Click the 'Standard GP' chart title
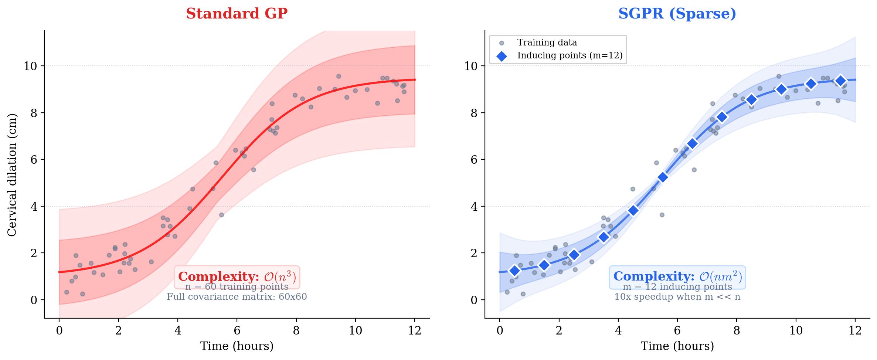coord(237,14)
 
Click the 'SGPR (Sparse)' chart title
coord(677,14)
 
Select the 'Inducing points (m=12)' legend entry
coord(570,55)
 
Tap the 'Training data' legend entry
coord(547,43)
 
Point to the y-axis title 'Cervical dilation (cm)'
coord(12,174)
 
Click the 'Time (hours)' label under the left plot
coord(237,346)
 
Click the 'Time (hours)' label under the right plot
coord(677,346)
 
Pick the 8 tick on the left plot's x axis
coord(296,330)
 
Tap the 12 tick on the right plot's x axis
coord(855,330)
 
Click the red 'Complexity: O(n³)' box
coord(237,277)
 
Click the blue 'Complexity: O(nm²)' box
coord(677,277)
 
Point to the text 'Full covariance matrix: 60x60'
coord(237,297)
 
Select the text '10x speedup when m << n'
coord(677,297)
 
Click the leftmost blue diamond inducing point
coord(514,271)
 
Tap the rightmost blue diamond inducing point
coord(840,81)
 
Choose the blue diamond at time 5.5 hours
coord(663,177)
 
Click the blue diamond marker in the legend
coord(502,56)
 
